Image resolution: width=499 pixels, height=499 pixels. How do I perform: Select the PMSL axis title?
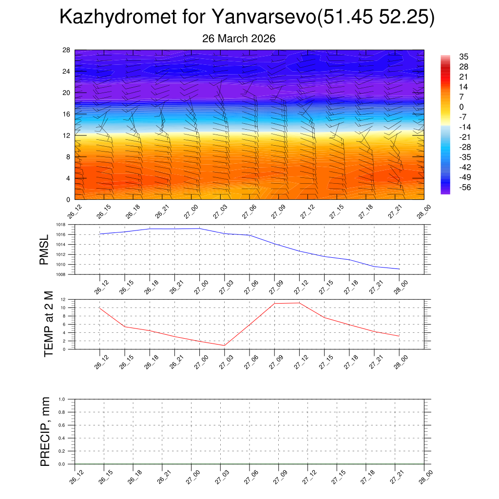pos(44,249)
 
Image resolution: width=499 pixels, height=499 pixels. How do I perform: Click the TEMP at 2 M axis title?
pos(48,324)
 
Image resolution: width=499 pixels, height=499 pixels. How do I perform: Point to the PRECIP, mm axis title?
pos(45,431)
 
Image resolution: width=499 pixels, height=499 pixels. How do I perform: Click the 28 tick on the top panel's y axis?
pos(66,50)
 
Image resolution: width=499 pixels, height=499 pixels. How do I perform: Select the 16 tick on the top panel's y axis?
pos(66,114)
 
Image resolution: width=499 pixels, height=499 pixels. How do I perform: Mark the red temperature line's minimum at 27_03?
pos(224,345)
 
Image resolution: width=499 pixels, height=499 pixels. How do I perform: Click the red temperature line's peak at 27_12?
pos(299,303)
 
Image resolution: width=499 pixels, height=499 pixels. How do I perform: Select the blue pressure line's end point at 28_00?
pos(399,269)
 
